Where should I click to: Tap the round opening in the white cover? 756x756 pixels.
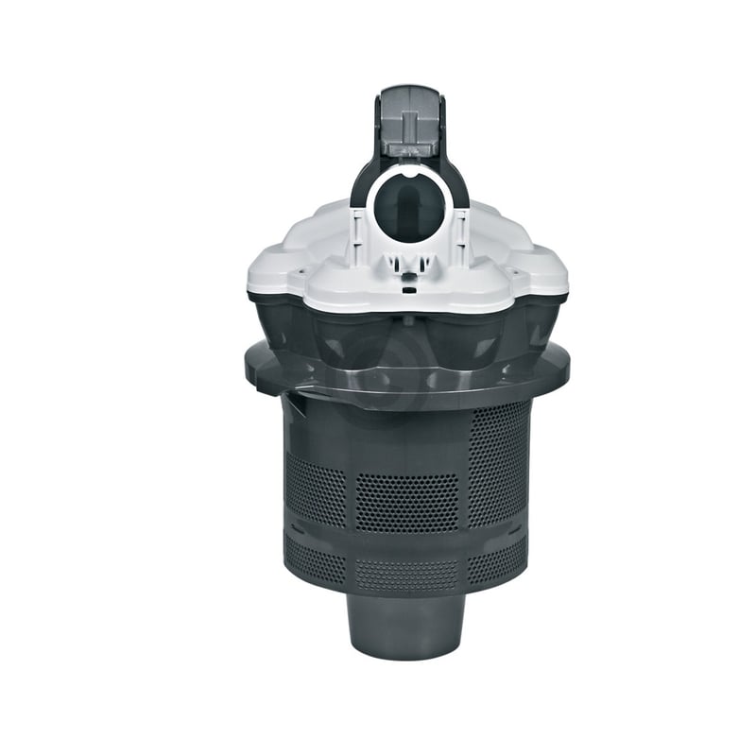(406, 206)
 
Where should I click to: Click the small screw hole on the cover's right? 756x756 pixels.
(518, 274)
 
